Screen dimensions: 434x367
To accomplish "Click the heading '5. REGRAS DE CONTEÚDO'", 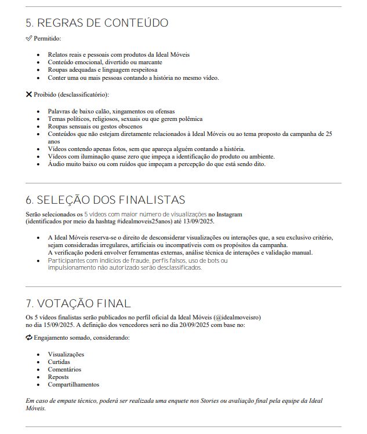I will pyautogui.click(x=97, y=23).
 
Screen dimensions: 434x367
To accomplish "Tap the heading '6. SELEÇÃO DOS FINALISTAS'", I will pyautogui.click(x=105, y=200).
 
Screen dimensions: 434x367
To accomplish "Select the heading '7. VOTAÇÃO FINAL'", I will pyautogui.click(x=78, y=304).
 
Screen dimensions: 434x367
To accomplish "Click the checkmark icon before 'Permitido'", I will pyautogui.click(x=29, y=38).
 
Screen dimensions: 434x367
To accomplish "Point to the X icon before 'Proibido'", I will pyautogui.click(x=29, y=94).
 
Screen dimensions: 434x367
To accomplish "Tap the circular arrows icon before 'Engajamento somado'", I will pyautogui.click(x=29, y=337).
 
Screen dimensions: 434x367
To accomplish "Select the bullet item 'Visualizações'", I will pyautogui.click(x=66, y=354).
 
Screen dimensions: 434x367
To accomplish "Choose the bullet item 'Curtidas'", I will pyautogui.click(x=59, y=362).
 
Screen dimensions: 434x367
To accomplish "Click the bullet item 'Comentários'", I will pyautogui.click(x=64, y=369).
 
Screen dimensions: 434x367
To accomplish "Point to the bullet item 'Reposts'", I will pyautogui.click(x=58, y=377).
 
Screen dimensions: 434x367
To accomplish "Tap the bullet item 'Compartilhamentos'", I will pyautogui.click(x=74, y=384).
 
